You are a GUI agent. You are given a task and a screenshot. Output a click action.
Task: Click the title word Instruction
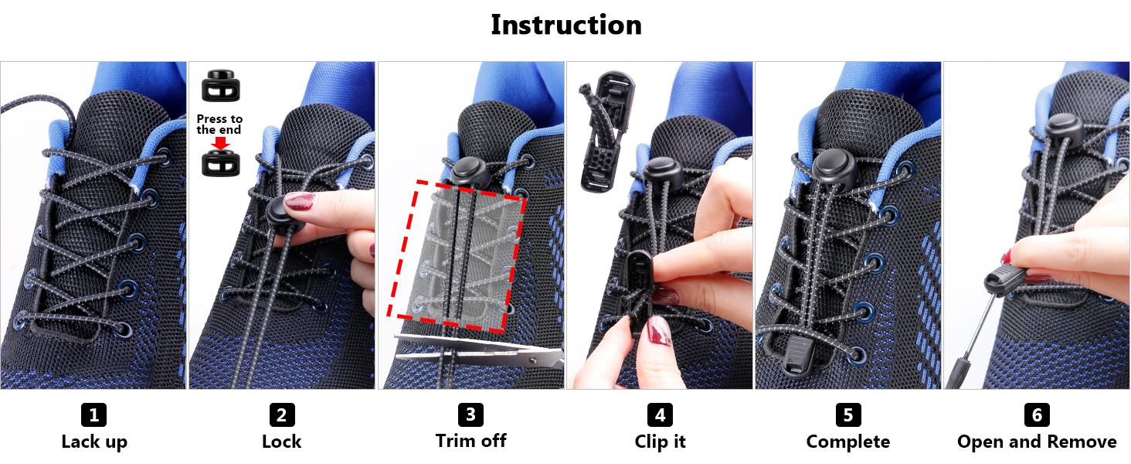565,25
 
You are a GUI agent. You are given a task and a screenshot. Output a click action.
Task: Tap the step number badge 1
93,415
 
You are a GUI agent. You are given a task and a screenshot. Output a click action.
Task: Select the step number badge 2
282,415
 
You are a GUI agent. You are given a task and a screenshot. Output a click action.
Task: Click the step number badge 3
470,415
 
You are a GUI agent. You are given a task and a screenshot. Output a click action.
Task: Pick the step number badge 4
660,415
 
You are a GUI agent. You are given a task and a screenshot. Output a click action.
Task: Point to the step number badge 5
847,415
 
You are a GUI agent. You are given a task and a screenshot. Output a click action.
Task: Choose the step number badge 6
1037,415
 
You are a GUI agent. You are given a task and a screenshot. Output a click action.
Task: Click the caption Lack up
93,442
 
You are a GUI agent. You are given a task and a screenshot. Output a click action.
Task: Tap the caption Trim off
470,441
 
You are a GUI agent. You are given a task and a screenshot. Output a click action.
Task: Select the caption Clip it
660,442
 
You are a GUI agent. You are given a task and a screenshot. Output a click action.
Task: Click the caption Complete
847,442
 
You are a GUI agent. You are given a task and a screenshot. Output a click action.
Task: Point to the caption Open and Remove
1037,442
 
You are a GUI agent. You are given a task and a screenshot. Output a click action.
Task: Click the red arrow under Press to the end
221,143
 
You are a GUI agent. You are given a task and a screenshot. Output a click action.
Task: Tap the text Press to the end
219,125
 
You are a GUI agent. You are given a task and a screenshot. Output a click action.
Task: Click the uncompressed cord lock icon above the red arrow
221,87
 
